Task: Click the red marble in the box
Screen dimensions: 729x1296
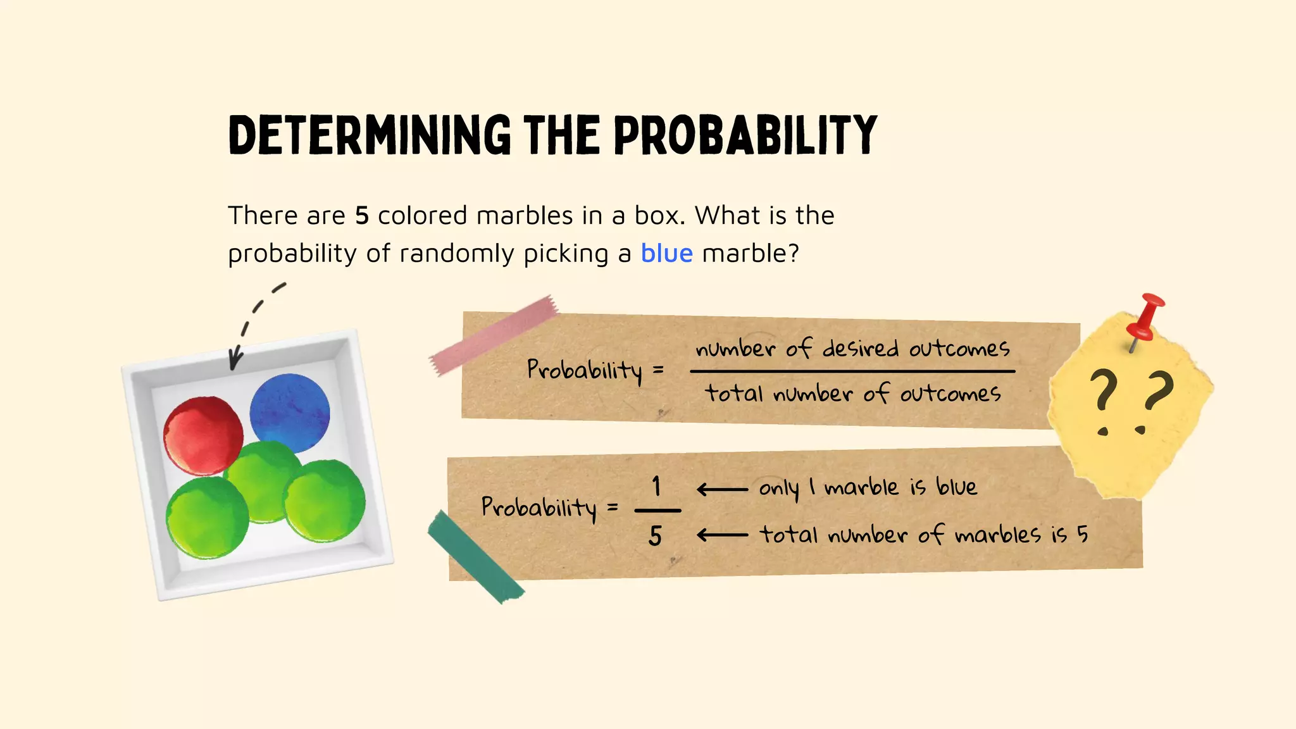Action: [203, 435]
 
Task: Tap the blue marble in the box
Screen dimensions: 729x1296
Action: [290, 413]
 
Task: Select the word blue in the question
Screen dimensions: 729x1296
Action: [666, 253]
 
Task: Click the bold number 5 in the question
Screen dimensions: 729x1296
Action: [361, 216]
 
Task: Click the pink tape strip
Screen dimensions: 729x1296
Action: [494, 335]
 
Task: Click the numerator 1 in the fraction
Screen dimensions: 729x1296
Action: [656, 487]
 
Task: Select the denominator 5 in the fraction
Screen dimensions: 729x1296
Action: [655, 536]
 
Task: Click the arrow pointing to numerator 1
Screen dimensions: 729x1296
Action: [721, 489]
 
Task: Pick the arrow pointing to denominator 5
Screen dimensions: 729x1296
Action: [721, 535]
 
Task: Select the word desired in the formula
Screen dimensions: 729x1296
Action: [860, 349]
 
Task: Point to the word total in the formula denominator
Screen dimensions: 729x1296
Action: [734, 394]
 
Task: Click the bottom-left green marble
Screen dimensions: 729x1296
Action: [207, 518]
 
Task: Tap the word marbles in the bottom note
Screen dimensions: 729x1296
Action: [997, 535]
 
